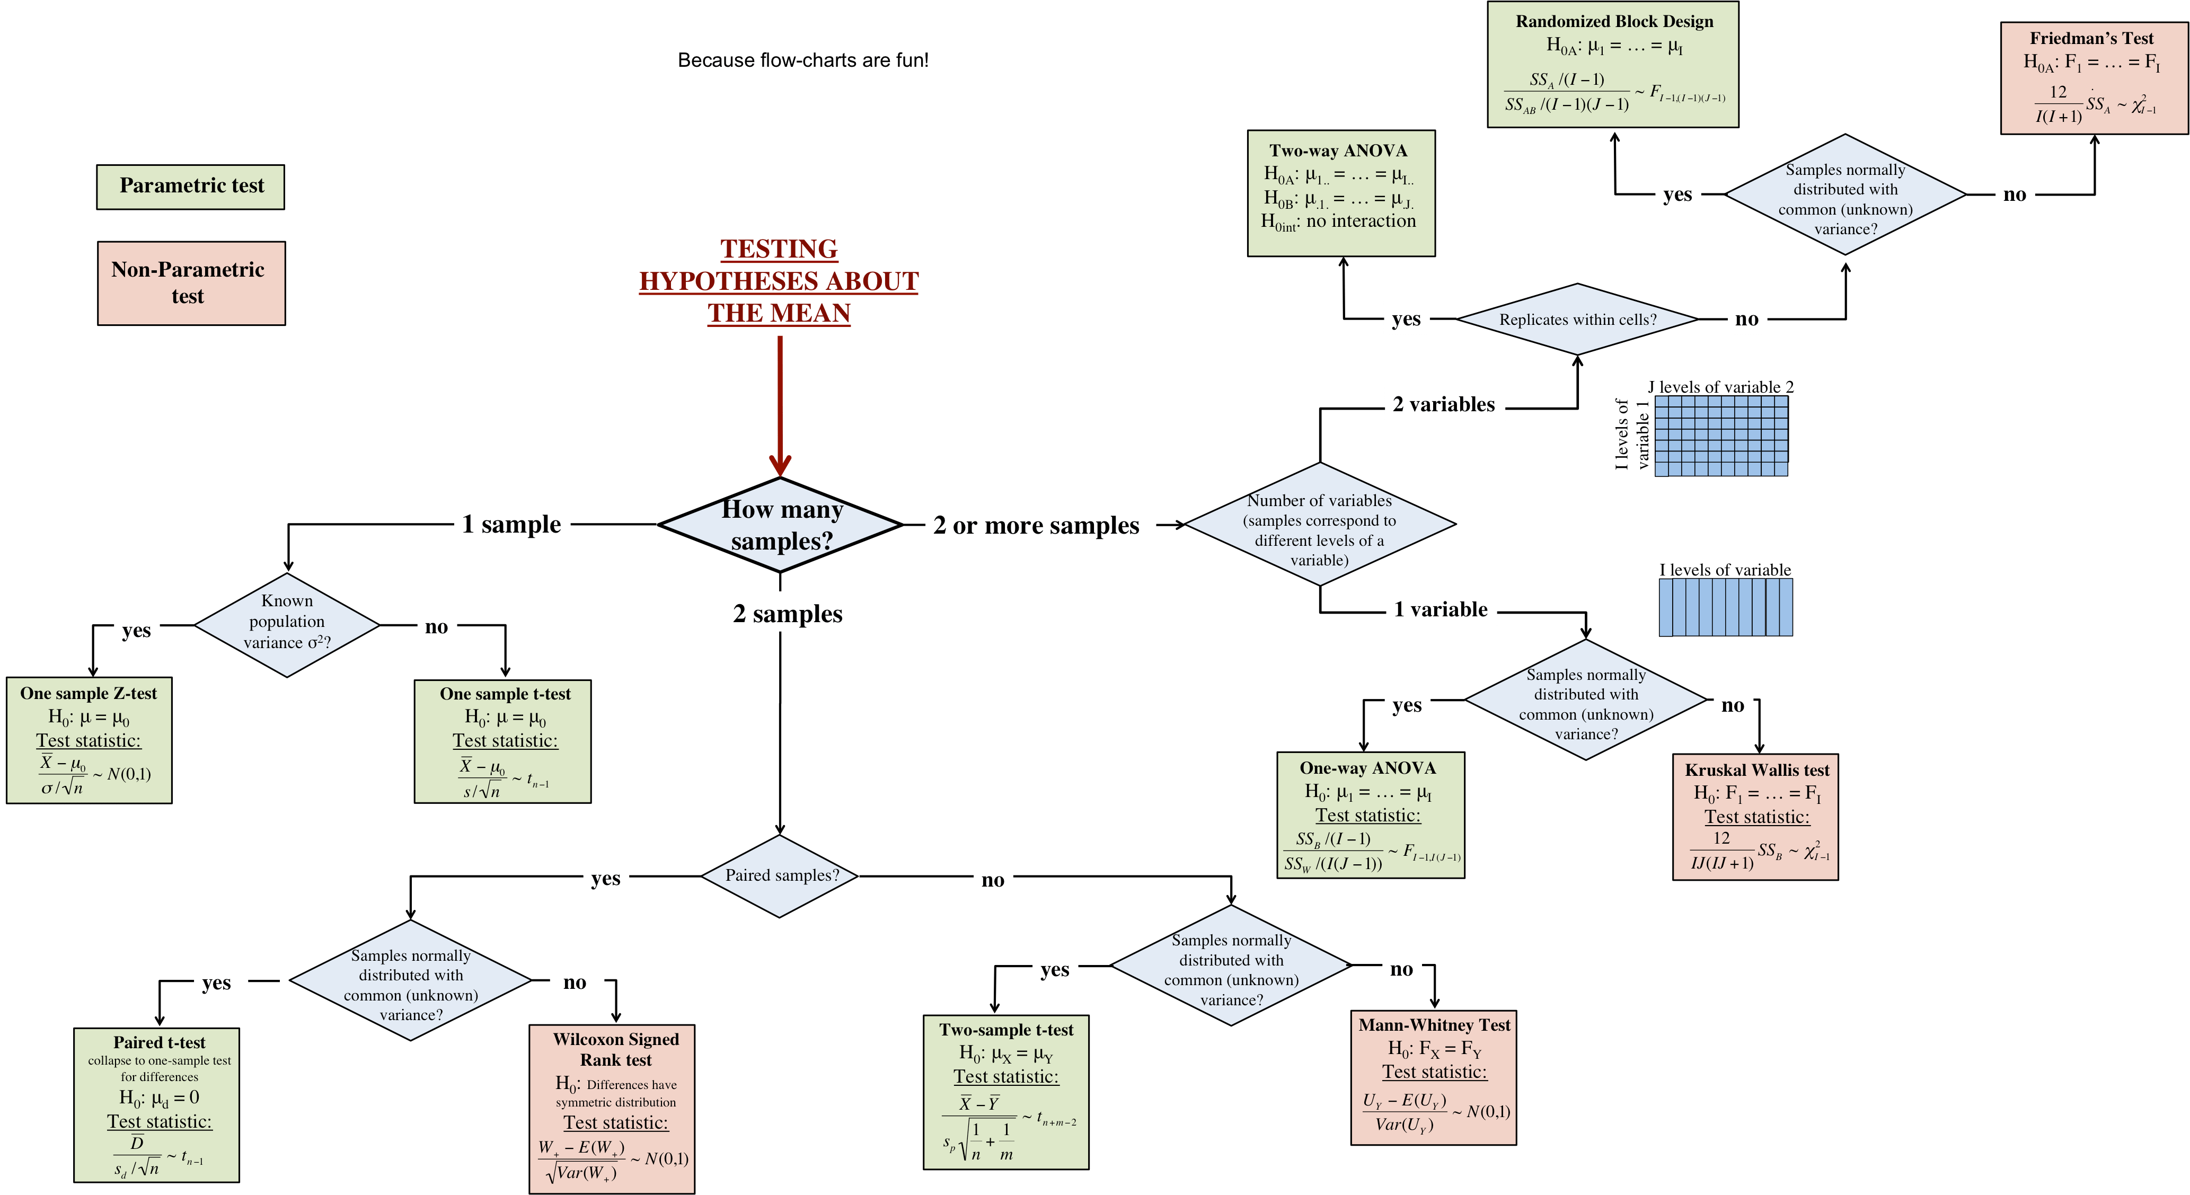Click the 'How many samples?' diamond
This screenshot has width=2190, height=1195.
(781, 525)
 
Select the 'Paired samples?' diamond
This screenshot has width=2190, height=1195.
(781, 875)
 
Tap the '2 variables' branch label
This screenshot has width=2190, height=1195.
(1444, 404)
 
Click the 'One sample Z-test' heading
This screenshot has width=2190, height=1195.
(89, 694)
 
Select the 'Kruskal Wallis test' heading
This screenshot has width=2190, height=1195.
(1756, 770)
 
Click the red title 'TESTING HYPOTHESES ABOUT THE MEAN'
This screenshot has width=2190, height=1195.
(779, 281)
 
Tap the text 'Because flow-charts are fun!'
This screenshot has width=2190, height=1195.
(802, 60)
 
